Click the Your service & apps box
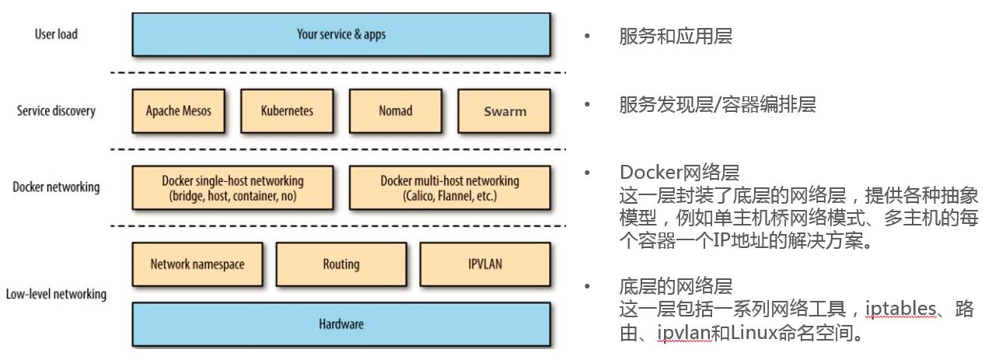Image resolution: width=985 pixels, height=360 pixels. pos(341,34)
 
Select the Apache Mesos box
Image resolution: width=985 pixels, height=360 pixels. pos(179,110)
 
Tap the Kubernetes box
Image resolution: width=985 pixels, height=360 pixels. pos(287,110)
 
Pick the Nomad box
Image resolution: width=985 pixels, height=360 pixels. pos(396,110)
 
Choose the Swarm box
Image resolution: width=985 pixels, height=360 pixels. pos(505,110)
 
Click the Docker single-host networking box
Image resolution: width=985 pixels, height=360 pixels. pos(232,187)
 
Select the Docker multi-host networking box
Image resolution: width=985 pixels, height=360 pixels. pos(450,187)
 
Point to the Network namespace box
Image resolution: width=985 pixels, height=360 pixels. pos(197,264)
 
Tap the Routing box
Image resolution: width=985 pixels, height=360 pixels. pos(341,264)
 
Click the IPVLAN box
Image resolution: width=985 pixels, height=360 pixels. pos(485,264)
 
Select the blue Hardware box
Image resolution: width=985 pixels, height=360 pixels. pos(341,324)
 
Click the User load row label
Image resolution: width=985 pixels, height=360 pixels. pos(56,34)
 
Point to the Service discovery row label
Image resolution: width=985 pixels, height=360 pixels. pos(56,110)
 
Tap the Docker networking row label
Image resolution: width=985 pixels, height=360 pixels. pos(56,187)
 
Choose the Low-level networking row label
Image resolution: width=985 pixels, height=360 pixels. pos(56,294)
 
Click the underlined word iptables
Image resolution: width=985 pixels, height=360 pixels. pos(900,309)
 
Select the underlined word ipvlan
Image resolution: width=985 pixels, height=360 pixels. pos(684,332)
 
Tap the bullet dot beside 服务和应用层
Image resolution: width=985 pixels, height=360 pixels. pos(587,36)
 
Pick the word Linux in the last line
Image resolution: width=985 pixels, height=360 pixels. pos(753,332)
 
